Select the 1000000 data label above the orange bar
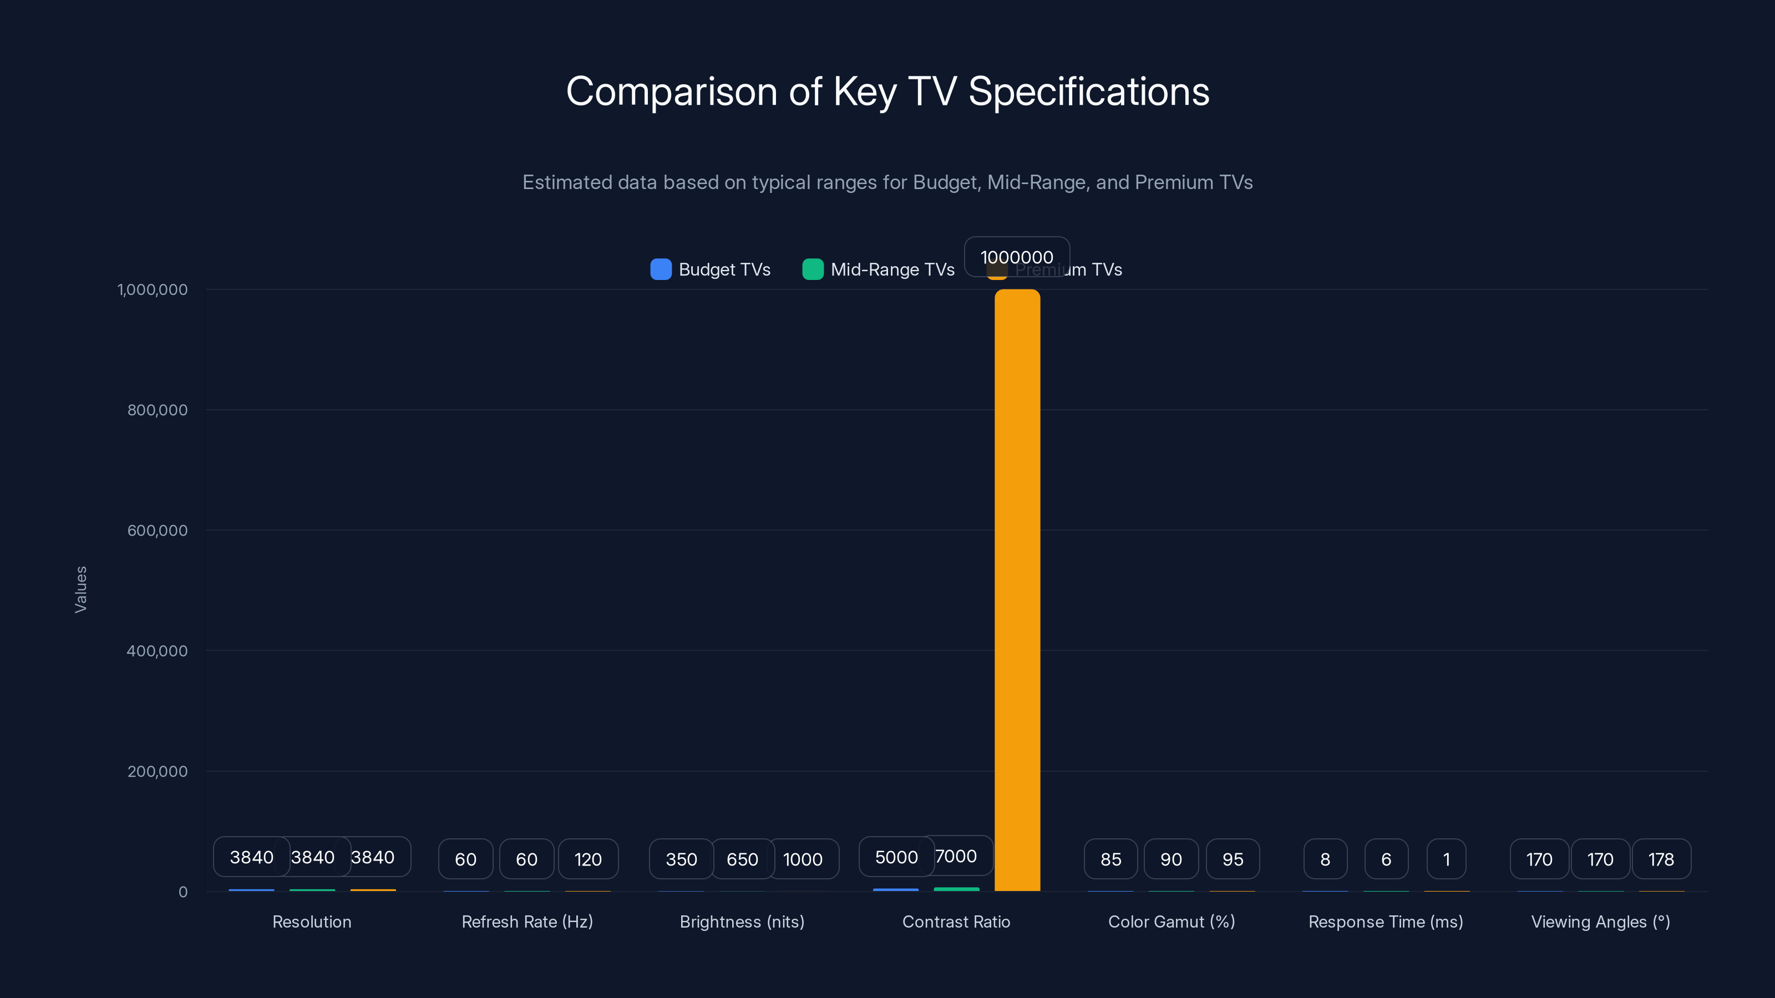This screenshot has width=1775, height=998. [x=1016, y=257]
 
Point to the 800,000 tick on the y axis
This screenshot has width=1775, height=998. [x=157, y=410]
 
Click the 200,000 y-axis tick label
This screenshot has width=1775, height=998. [x=157, y=771]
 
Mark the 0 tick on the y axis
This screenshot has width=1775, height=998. [x=182, y=892]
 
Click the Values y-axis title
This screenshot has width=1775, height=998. [x=80, y=589]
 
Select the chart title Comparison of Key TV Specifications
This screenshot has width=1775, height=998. [x=887, y=91]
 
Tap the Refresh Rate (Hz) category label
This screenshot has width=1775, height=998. [x=527, y=921]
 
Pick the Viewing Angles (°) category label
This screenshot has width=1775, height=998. [x=1600, y=921]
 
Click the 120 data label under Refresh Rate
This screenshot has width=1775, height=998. [x=588, y=859]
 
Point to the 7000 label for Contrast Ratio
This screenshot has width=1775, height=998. [x=956, y=856]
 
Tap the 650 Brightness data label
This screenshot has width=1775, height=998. [x=742, y=859]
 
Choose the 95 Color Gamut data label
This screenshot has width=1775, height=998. [x=1232, y=859]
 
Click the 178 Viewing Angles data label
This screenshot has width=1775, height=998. [x=1661, y=859]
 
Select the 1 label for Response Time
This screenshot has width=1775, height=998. [x=1446, y=859]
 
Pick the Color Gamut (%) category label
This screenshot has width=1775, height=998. [x=1171, y=921]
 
